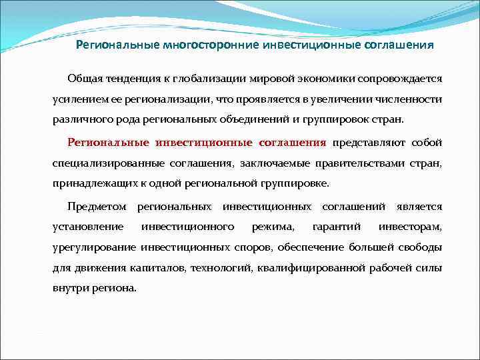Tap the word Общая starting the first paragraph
pyautogui.click(x=85, y=78)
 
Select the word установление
pyautogui.click(x=88, y=227)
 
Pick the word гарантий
pyautogui.click(x=337, y=227)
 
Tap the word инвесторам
pyautogui.click(x=410, y=227)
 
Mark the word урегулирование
pyautogui.click(x=94, y=248)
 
